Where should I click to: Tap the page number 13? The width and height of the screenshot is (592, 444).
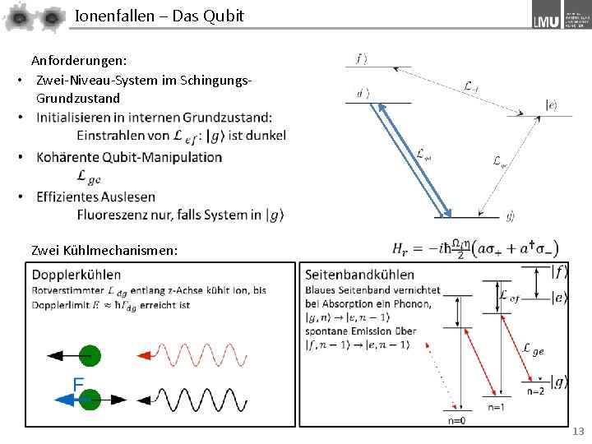coord(578,432)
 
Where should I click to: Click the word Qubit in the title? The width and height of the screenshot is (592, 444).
coord(222,16)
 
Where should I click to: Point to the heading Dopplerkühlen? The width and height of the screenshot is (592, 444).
coord(76,275)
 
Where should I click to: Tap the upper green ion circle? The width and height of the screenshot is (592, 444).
coord(90,356)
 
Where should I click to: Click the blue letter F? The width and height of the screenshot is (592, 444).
coord(78,384)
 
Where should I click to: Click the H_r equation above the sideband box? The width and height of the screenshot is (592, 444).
coord(476,249)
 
